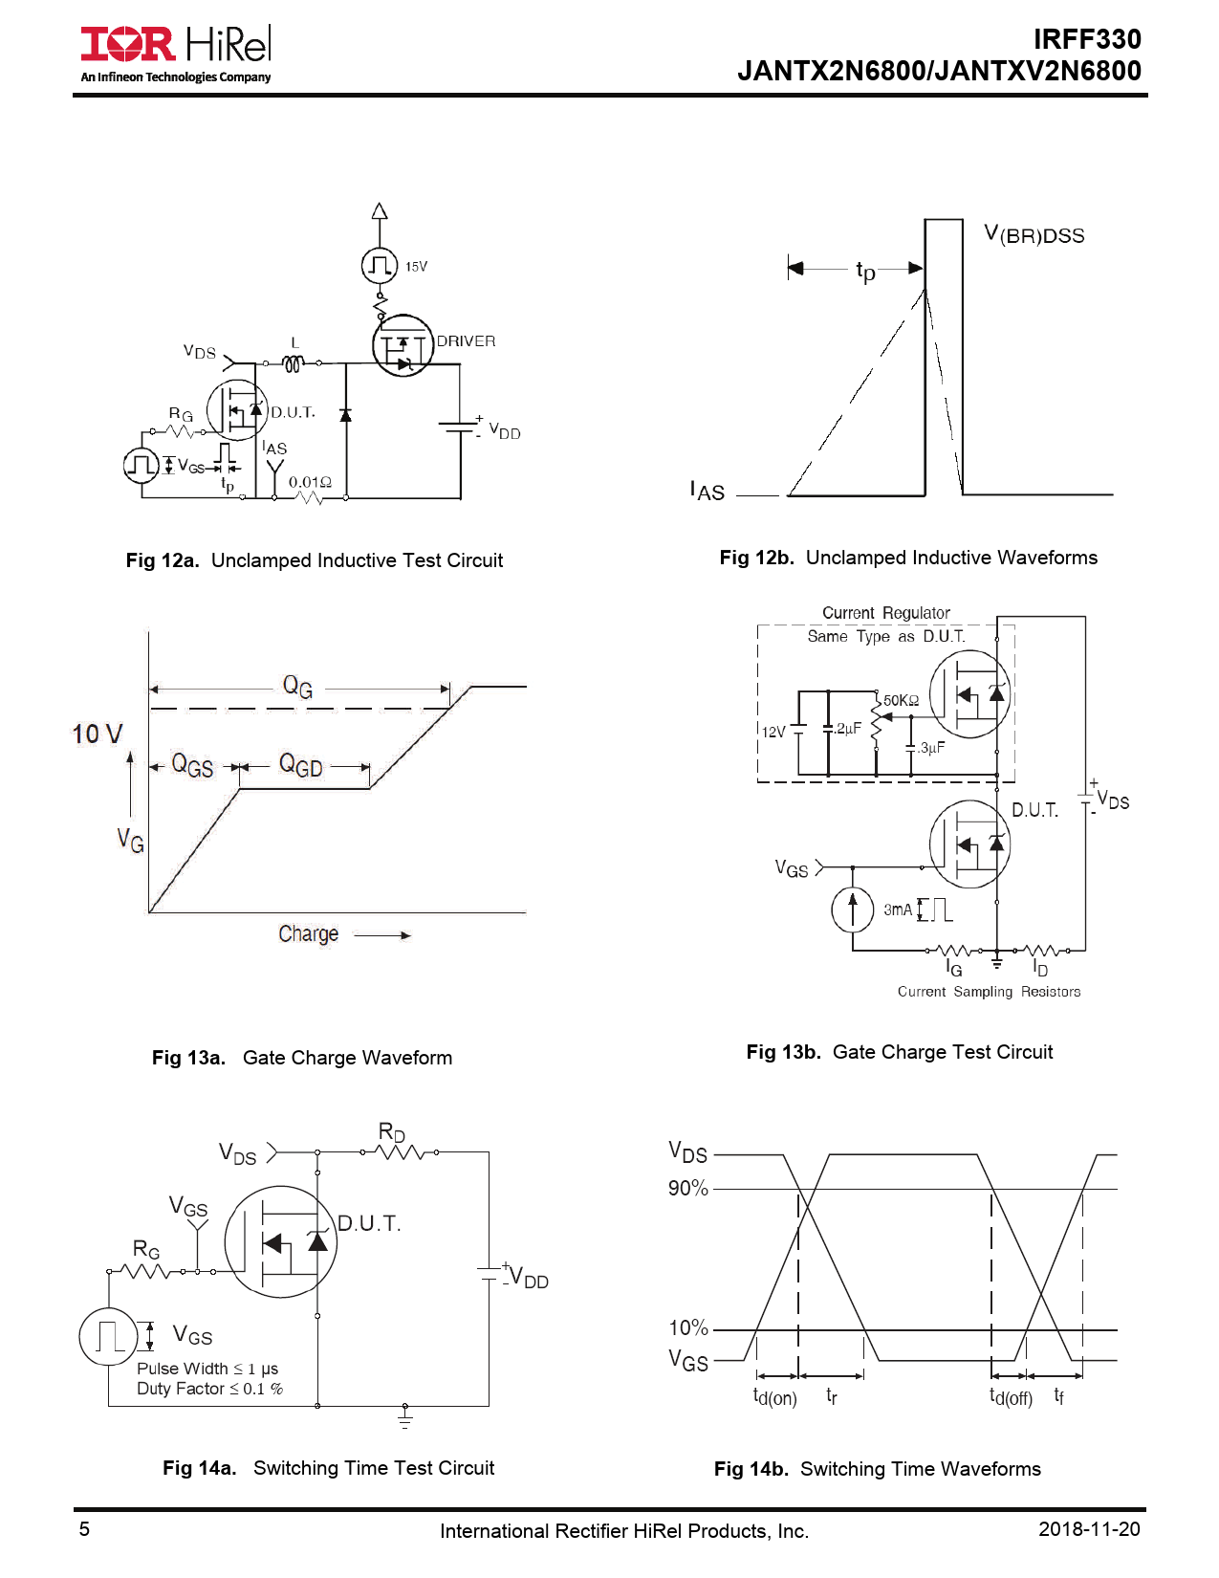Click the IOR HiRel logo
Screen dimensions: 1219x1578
[x=176, y=53]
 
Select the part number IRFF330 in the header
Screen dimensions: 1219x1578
[x=1087, y=39]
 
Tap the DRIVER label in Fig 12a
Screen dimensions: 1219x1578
[x=466, y=340]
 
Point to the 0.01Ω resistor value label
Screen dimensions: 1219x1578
[x=310, y=481]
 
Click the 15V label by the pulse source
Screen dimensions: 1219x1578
[x=416, y=267]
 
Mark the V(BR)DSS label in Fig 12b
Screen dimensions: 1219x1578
[x=1034, y=234]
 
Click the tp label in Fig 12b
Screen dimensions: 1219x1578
[x=865, y=272]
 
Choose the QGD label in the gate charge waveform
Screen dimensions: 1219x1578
[x=300, y=765]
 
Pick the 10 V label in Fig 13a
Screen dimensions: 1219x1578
[x=98, y=734]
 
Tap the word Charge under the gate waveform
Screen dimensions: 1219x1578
[x=309, y=933]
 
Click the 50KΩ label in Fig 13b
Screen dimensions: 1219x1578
[x=901, y=700]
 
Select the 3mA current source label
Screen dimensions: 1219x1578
[x=898, y=910]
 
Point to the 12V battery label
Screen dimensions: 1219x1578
[x=773, y=732]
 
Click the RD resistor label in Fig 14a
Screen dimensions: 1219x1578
[x=392, y=1132]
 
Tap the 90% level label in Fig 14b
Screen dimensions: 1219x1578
[x=687, y=1188]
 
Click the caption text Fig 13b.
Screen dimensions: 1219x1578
[x=783, y=1051]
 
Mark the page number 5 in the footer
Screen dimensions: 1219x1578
[x=84, y=1528]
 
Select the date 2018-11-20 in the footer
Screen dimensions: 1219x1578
[x=1089, y=1528]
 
